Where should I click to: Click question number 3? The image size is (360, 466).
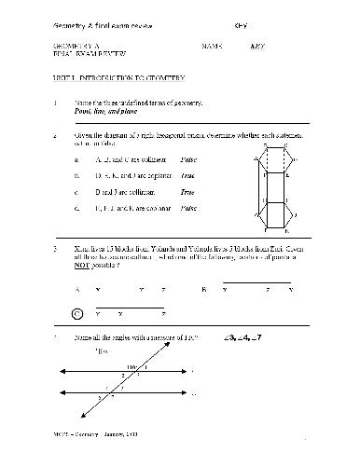(56, 250)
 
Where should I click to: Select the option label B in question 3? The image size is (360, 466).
(203, 290)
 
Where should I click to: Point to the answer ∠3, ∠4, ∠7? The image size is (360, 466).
(246, 336)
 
